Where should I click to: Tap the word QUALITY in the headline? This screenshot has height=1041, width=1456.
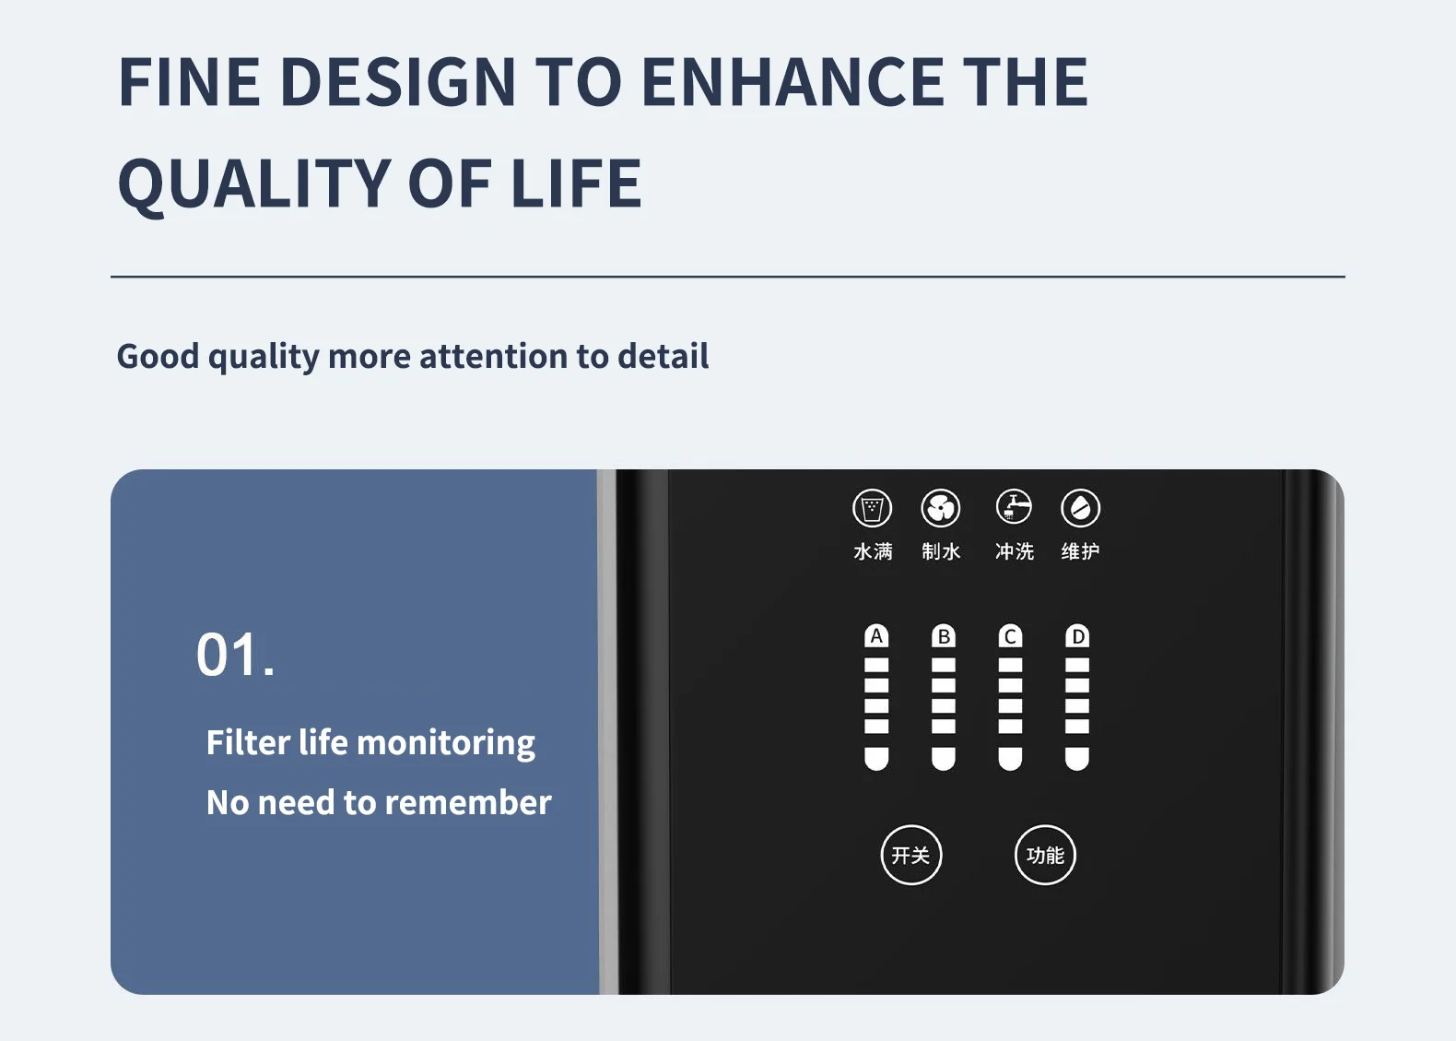coord(253,184)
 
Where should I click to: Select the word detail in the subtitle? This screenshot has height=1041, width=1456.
coord(663,356)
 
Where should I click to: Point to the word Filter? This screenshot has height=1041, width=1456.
coord(248,742)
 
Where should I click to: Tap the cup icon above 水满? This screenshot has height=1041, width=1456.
coord(873,508)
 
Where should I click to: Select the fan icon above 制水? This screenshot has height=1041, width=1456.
coord(941,508)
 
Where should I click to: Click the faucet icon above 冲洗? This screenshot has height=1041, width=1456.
coord(1014,507)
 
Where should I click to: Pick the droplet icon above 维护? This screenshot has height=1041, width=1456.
coord(1080,508)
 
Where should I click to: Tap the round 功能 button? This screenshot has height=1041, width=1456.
coord(1045,855)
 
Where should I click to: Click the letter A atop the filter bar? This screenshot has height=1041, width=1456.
coord(876,636)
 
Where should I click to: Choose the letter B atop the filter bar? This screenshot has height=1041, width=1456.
coord(944,636)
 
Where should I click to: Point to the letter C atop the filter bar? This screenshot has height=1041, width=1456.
coord(1010,636)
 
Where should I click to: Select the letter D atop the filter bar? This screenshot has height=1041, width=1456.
coord(1077,636)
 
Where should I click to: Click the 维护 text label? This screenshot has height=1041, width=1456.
coord(1080,551)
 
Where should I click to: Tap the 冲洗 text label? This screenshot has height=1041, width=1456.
coord(1014,551)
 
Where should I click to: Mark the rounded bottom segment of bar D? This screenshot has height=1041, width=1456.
coord(1077,759)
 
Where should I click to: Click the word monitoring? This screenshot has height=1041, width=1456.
coord(446,743)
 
